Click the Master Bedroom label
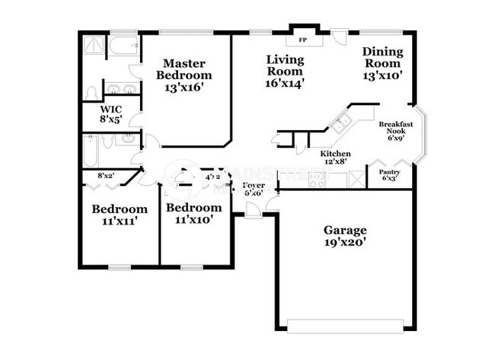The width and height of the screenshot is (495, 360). pyautogui.click(x=184, y=69)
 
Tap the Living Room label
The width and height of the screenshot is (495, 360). pyautogui.click(x=285, y=65)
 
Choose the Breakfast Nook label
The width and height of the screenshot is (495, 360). pyautogui.click(x=395, y=127)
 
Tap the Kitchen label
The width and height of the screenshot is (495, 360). pyautogui.click(x=334, y=154)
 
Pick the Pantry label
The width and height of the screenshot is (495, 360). pyautogui.click(x=390, y=172)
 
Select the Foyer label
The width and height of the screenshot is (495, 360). pyautogui.click(x=253, y=186)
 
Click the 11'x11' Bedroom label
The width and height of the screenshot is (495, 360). pyautogui.click(x=119, y=209)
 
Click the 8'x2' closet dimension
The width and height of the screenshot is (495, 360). pyautogui.click(x=105, y=177)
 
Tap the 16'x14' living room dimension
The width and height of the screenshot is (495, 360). pyautogui.click(x=285, y=83)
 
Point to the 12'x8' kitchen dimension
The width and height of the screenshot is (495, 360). pyautogui.click(x=335, y=162)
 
